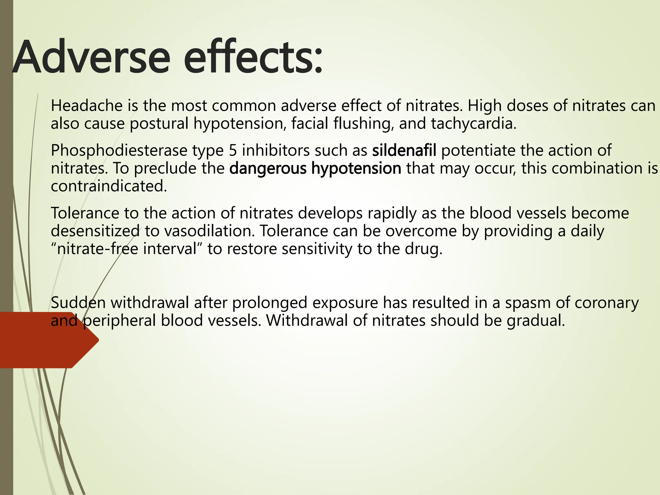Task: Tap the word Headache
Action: [x=87, y=106]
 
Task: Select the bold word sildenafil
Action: [x=404, y=150]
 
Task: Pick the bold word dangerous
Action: [x=268, y=168]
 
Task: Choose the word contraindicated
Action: [x=109, y=186]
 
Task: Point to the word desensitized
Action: [x=95, y=231]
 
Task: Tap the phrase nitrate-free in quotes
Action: [x=98, y=249]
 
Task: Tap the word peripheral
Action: [x=120, y=321]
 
